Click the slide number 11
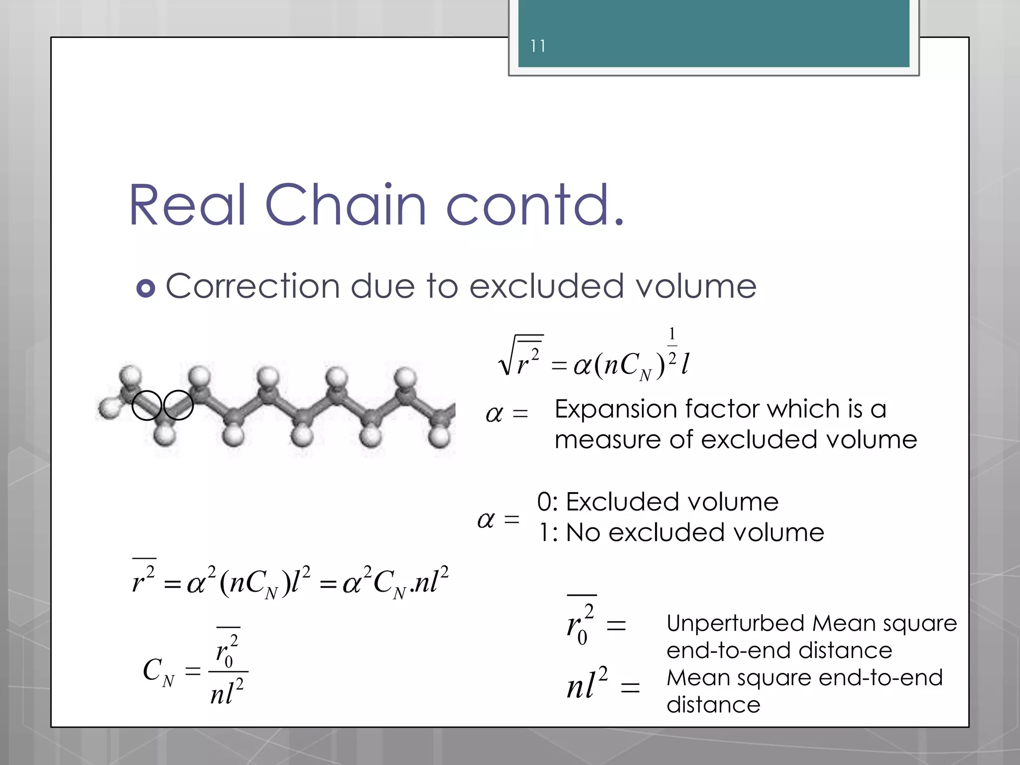(537, 46)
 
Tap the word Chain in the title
(346, 205)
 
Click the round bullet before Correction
(145, 288)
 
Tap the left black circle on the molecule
(147, 405)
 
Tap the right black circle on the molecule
(178, 405)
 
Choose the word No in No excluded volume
(583, 532)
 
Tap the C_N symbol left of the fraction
(158, 671)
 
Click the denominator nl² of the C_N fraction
(227, 692)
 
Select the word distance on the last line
(713, 705)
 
